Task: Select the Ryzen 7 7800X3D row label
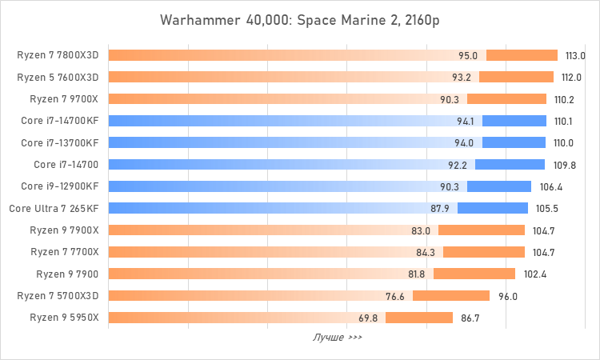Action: coord(58,55)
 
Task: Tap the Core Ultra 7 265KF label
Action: coord(54,208)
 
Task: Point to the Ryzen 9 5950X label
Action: coord(64,317)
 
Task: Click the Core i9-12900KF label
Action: coord(60,186)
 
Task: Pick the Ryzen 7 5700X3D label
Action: coord(58,295)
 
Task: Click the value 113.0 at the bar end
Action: coord(576,56)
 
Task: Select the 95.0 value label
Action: coord(468,56)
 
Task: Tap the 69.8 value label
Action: coord(368,318)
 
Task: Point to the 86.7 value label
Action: coord(471,318)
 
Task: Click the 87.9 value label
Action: coord(440,209)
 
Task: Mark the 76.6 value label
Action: coord(395,296)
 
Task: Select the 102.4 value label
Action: coord(534,274)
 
